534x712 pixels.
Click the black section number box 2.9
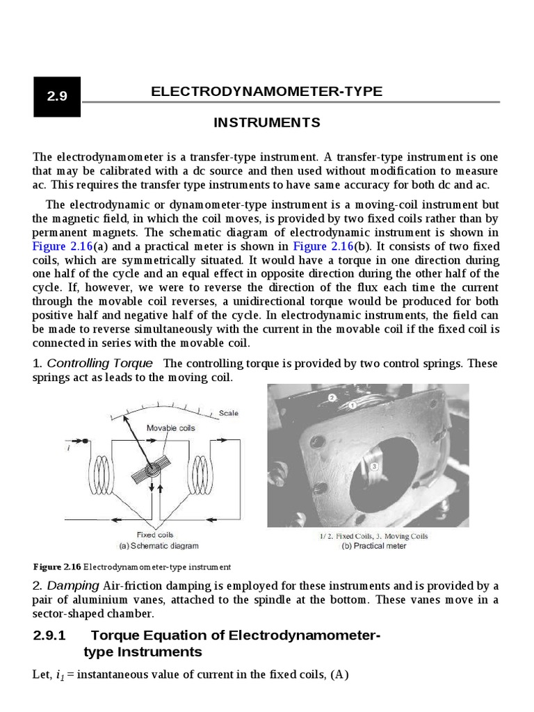(x=57, y=97)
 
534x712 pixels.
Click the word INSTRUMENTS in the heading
(x=266, y=123)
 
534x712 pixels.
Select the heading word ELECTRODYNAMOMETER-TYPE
(x=266, y=92)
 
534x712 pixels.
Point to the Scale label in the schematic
(x=228, y=413)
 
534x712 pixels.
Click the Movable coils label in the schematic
(x=170, y=428)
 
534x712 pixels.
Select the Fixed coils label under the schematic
(x=155, y=535)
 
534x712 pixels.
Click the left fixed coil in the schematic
(x=96, y=473)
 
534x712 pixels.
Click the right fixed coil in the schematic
(x=202, y=473)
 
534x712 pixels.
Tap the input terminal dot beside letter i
(x=85, y=442)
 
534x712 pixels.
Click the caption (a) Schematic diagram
(x=159, y=546)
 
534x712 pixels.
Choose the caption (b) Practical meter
(x=374, y=546)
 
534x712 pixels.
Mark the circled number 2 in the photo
(x=332, y=397)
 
